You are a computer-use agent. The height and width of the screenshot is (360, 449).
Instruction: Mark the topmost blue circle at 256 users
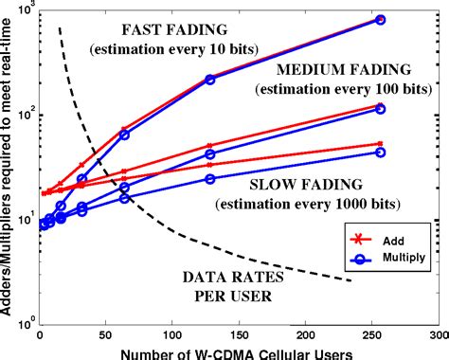tap(380, 19)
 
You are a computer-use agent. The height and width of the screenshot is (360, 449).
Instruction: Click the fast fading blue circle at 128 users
tap(210, 80)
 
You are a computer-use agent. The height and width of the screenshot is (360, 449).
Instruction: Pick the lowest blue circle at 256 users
tap(380, 152)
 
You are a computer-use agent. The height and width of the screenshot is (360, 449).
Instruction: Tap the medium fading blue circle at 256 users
tap(380, 109)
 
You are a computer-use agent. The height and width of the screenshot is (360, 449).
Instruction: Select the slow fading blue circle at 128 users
tap(210, 178)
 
